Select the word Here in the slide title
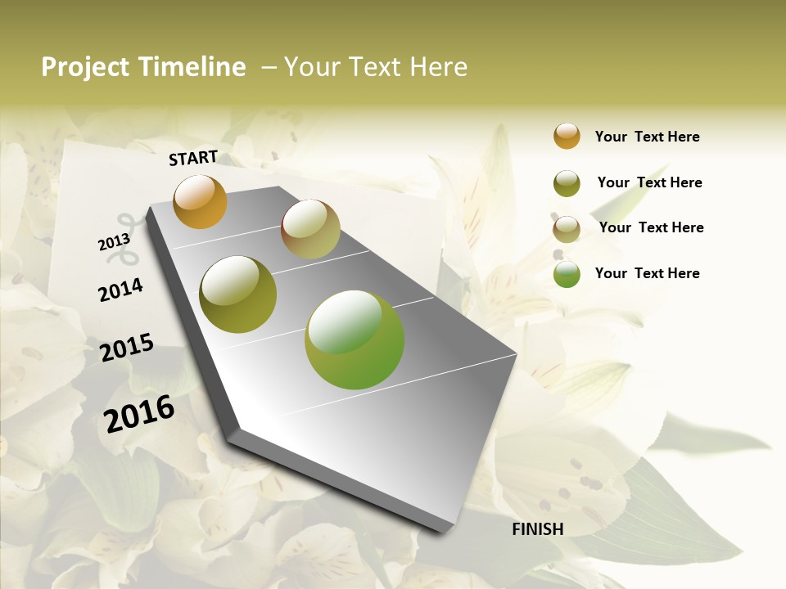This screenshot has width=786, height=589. point(438,67)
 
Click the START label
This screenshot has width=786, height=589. point(193,158)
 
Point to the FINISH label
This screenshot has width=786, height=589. point(537,529)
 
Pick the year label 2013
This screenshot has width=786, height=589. point(114,242)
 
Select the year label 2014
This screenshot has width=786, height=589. point(120,290)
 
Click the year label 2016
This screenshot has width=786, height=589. point(139,413)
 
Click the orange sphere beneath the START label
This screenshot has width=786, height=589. point(200,202)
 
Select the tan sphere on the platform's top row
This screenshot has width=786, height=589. point(310,229)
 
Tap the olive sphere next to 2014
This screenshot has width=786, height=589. point(238,294)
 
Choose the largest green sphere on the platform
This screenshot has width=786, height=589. point(355,339)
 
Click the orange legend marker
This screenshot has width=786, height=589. point(567,136)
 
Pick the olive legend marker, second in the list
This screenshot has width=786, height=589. point(567,183)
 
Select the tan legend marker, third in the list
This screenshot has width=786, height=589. point(567,229)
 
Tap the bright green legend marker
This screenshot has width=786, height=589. point(567,274)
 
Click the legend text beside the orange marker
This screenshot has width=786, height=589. point(647,137)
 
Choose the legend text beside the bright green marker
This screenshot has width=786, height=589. point(647,273)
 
